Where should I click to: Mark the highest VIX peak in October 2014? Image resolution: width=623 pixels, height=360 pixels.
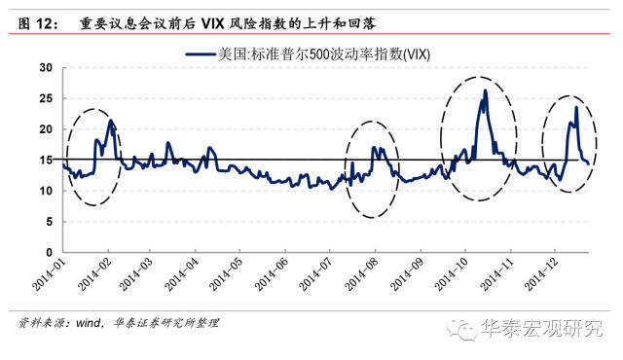point(485,91)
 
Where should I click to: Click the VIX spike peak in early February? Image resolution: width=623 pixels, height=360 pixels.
point(111,121)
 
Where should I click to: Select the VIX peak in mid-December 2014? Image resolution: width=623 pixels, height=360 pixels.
point(576,107)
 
